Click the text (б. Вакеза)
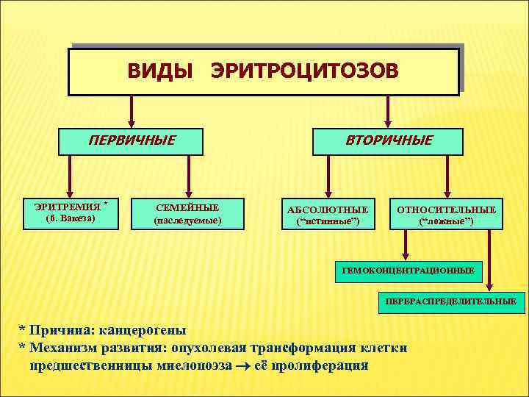(x=71, y=219)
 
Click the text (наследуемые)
(x=187, y=220)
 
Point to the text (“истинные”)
(x=328, y=221)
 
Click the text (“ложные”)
(x=446, y=221)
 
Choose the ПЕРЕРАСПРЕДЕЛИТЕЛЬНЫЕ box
(x=451, y=301)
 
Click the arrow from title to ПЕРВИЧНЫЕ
(x=132, y=112)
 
